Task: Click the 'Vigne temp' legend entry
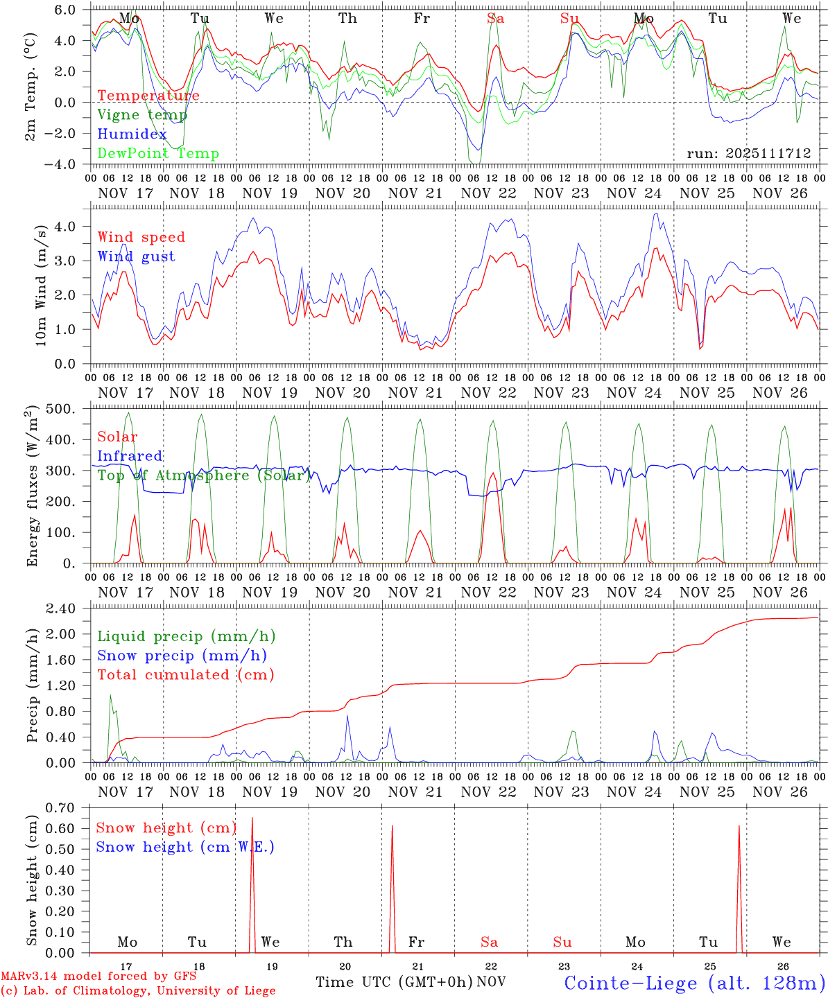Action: click(x=142, y=115)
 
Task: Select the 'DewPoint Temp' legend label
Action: click(x=158, y=154)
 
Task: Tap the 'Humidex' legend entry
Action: click(x=132, y=134)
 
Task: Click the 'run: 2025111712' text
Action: click(x=749, y=154)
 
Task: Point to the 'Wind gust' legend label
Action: click(x=136, y=256)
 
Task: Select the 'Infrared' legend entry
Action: click(x=130, y=456)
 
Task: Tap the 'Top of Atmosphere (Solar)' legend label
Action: click(x=204, y=475)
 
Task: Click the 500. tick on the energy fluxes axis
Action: click(x=69, y=409)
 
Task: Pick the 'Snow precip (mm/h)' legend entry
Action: click(x=182, y=656)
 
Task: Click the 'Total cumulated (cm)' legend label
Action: click(x=186, y=675)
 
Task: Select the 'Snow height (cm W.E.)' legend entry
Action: click(x=185, y=847)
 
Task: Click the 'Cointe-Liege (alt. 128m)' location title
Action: click(x=694, y=983)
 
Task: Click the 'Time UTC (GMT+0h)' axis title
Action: click(x=394, y=982)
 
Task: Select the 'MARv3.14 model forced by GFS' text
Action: click(x=98, y=977)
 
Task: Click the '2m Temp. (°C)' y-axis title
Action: click(x=31, y=87)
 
